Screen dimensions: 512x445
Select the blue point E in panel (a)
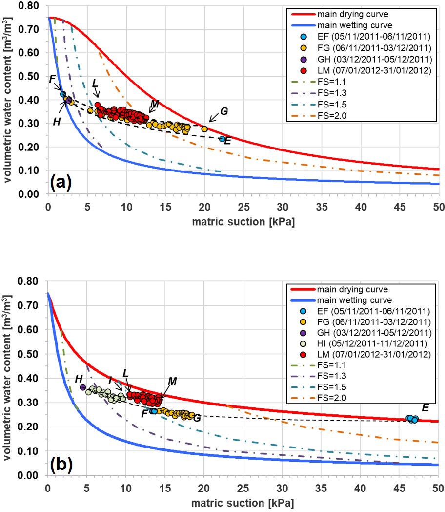coord(222,139)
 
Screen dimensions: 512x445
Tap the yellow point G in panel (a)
coord(204,129)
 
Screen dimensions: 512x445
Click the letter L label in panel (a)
coord(96,84)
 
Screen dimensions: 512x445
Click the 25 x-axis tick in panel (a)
coord(243,205)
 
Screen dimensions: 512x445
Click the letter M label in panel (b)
coord(172,381)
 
